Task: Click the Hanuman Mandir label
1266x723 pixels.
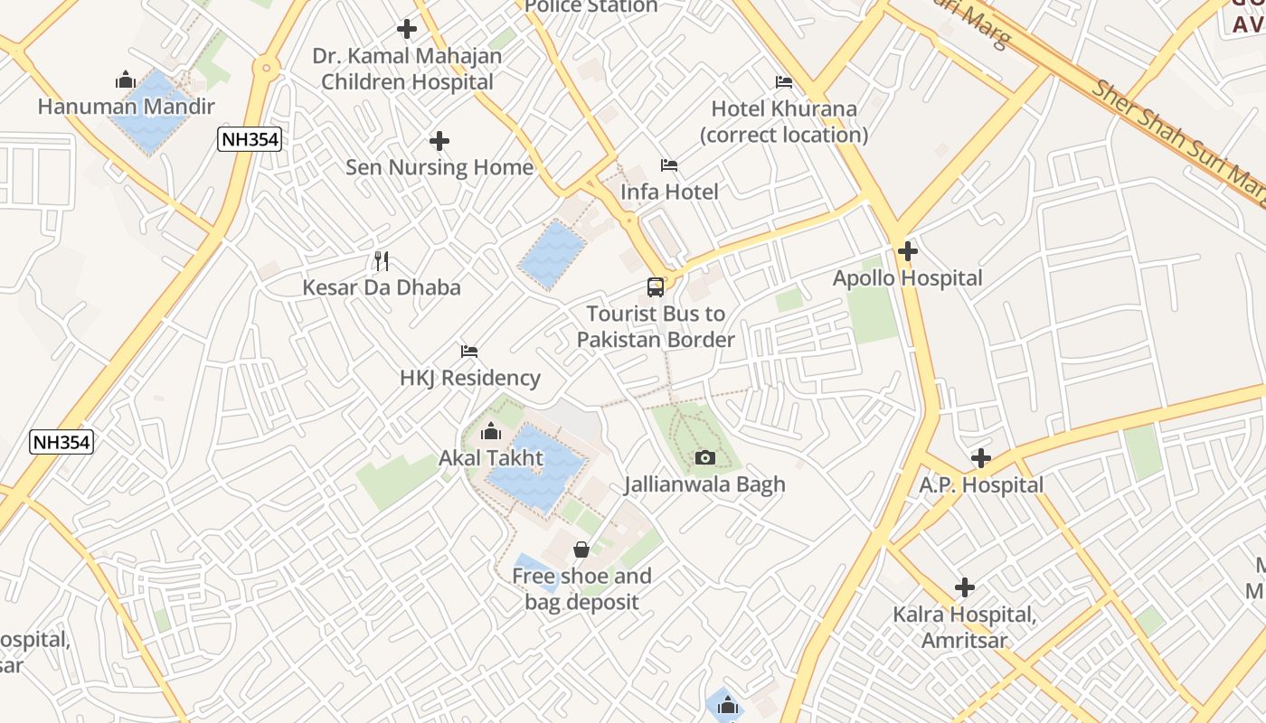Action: point(126,107)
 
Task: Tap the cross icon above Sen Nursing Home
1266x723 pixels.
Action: point(439,141)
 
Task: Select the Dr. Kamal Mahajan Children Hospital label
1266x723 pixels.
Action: point(407,69)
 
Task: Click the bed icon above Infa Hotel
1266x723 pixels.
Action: point(669,165)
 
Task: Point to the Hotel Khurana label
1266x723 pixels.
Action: point(784,121)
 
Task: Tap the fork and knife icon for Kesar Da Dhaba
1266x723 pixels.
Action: point(382,261)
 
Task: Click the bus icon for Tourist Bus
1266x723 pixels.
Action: point(656,287)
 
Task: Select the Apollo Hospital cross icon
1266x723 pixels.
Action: point(908,251)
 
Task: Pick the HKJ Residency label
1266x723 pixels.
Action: point(470,378)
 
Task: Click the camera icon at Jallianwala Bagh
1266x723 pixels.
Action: point(705,458)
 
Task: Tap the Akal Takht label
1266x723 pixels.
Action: point(491,458)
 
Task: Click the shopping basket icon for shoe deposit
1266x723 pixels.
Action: point(581,549)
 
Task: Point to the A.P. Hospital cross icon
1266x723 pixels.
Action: point(981,458)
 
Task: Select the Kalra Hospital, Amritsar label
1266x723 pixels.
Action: point(965,628)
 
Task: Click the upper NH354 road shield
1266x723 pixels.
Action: point(250,139)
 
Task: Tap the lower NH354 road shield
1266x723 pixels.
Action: point(61,442)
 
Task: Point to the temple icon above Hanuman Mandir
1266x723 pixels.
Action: point(126,80)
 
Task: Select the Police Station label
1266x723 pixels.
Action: point(591,7)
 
